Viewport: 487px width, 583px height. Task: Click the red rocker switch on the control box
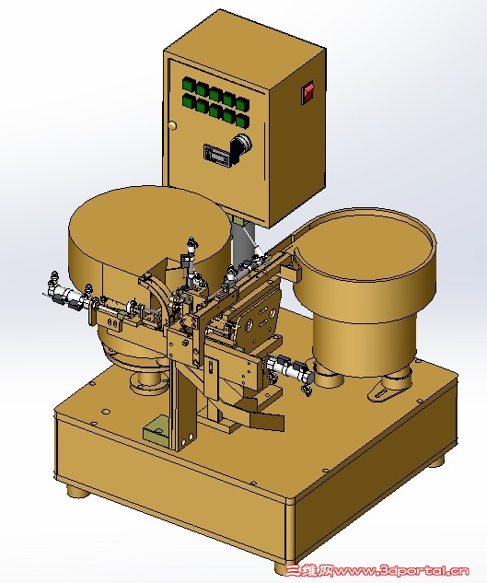pyautogui.click(x=307, y=92)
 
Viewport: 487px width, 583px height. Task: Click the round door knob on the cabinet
pyautogui.click(x=172, y=125)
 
